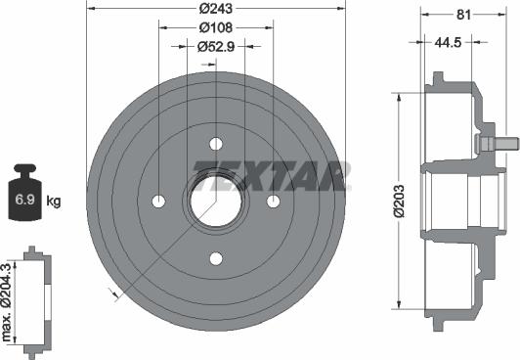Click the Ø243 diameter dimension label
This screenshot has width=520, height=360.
(x=216, y=10)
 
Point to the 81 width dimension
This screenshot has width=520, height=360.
(x=463, y=13)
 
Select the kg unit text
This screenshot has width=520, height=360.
(x=54, y=202)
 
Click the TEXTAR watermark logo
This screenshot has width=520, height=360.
(x=271, y=174)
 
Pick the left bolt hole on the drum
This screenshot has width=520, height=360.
(x=158, y=201)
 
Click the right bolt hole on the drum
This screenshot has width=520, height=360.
(x=274, y=201)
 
